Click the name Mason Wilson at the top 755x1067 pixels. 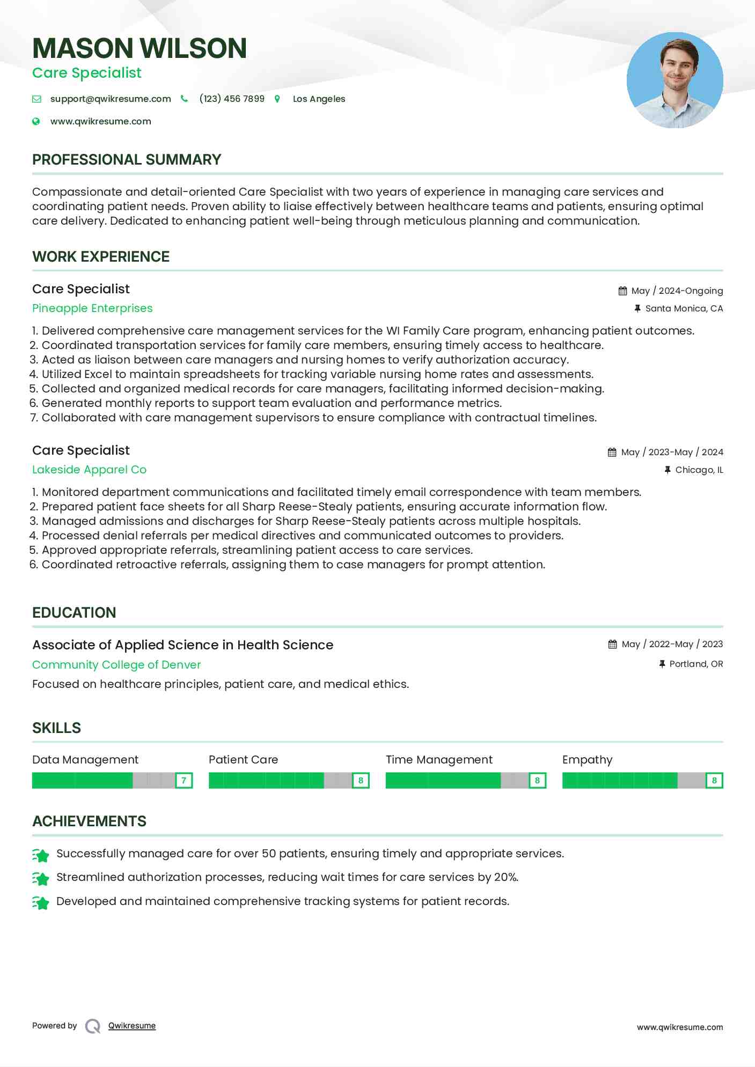click(x=140, y=48)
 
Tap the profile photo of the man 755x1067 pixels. click(x=675, y=80)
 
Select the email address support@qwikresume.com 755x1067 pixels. click(x=111, y=99)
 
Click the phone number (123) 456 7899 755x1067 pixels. click(x=232, y=99)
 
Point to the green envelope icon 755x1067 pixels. click(x=36, y=99)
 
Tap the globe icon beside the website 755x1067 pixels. click(x=36, y=121)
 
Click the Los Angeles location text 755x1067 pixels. click(x=319, y=99)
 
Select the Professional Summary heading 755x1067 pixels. click(x=127, y=160)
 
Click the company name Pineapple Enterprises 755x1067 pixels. click(x=92, y=308)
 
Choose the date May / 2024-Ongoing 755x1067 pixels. click(x=677, y=291)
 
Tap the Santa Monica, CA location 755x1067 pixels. click(x=684, y=308)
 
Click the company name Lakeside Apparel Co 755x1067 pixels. click(x=89, y=470)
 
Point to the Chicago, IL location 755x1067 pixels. click(x=699, y=470)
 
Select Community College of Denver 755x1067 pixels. click(x=116, y=665)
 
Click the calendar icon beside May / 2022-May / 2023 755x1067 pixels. click(x=612, y=644)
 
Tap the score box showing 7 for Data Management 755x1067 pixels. click(x=184, y=780)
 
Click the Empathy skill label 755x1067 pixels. click(x=587, y=760)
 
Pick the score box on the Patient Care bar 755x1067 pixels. click(x=361, y=780)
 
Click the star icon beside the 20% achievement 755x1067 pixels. click(x=41, y=878)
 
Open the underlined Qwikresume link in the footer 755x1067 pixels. click(x=132, y=1026)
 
